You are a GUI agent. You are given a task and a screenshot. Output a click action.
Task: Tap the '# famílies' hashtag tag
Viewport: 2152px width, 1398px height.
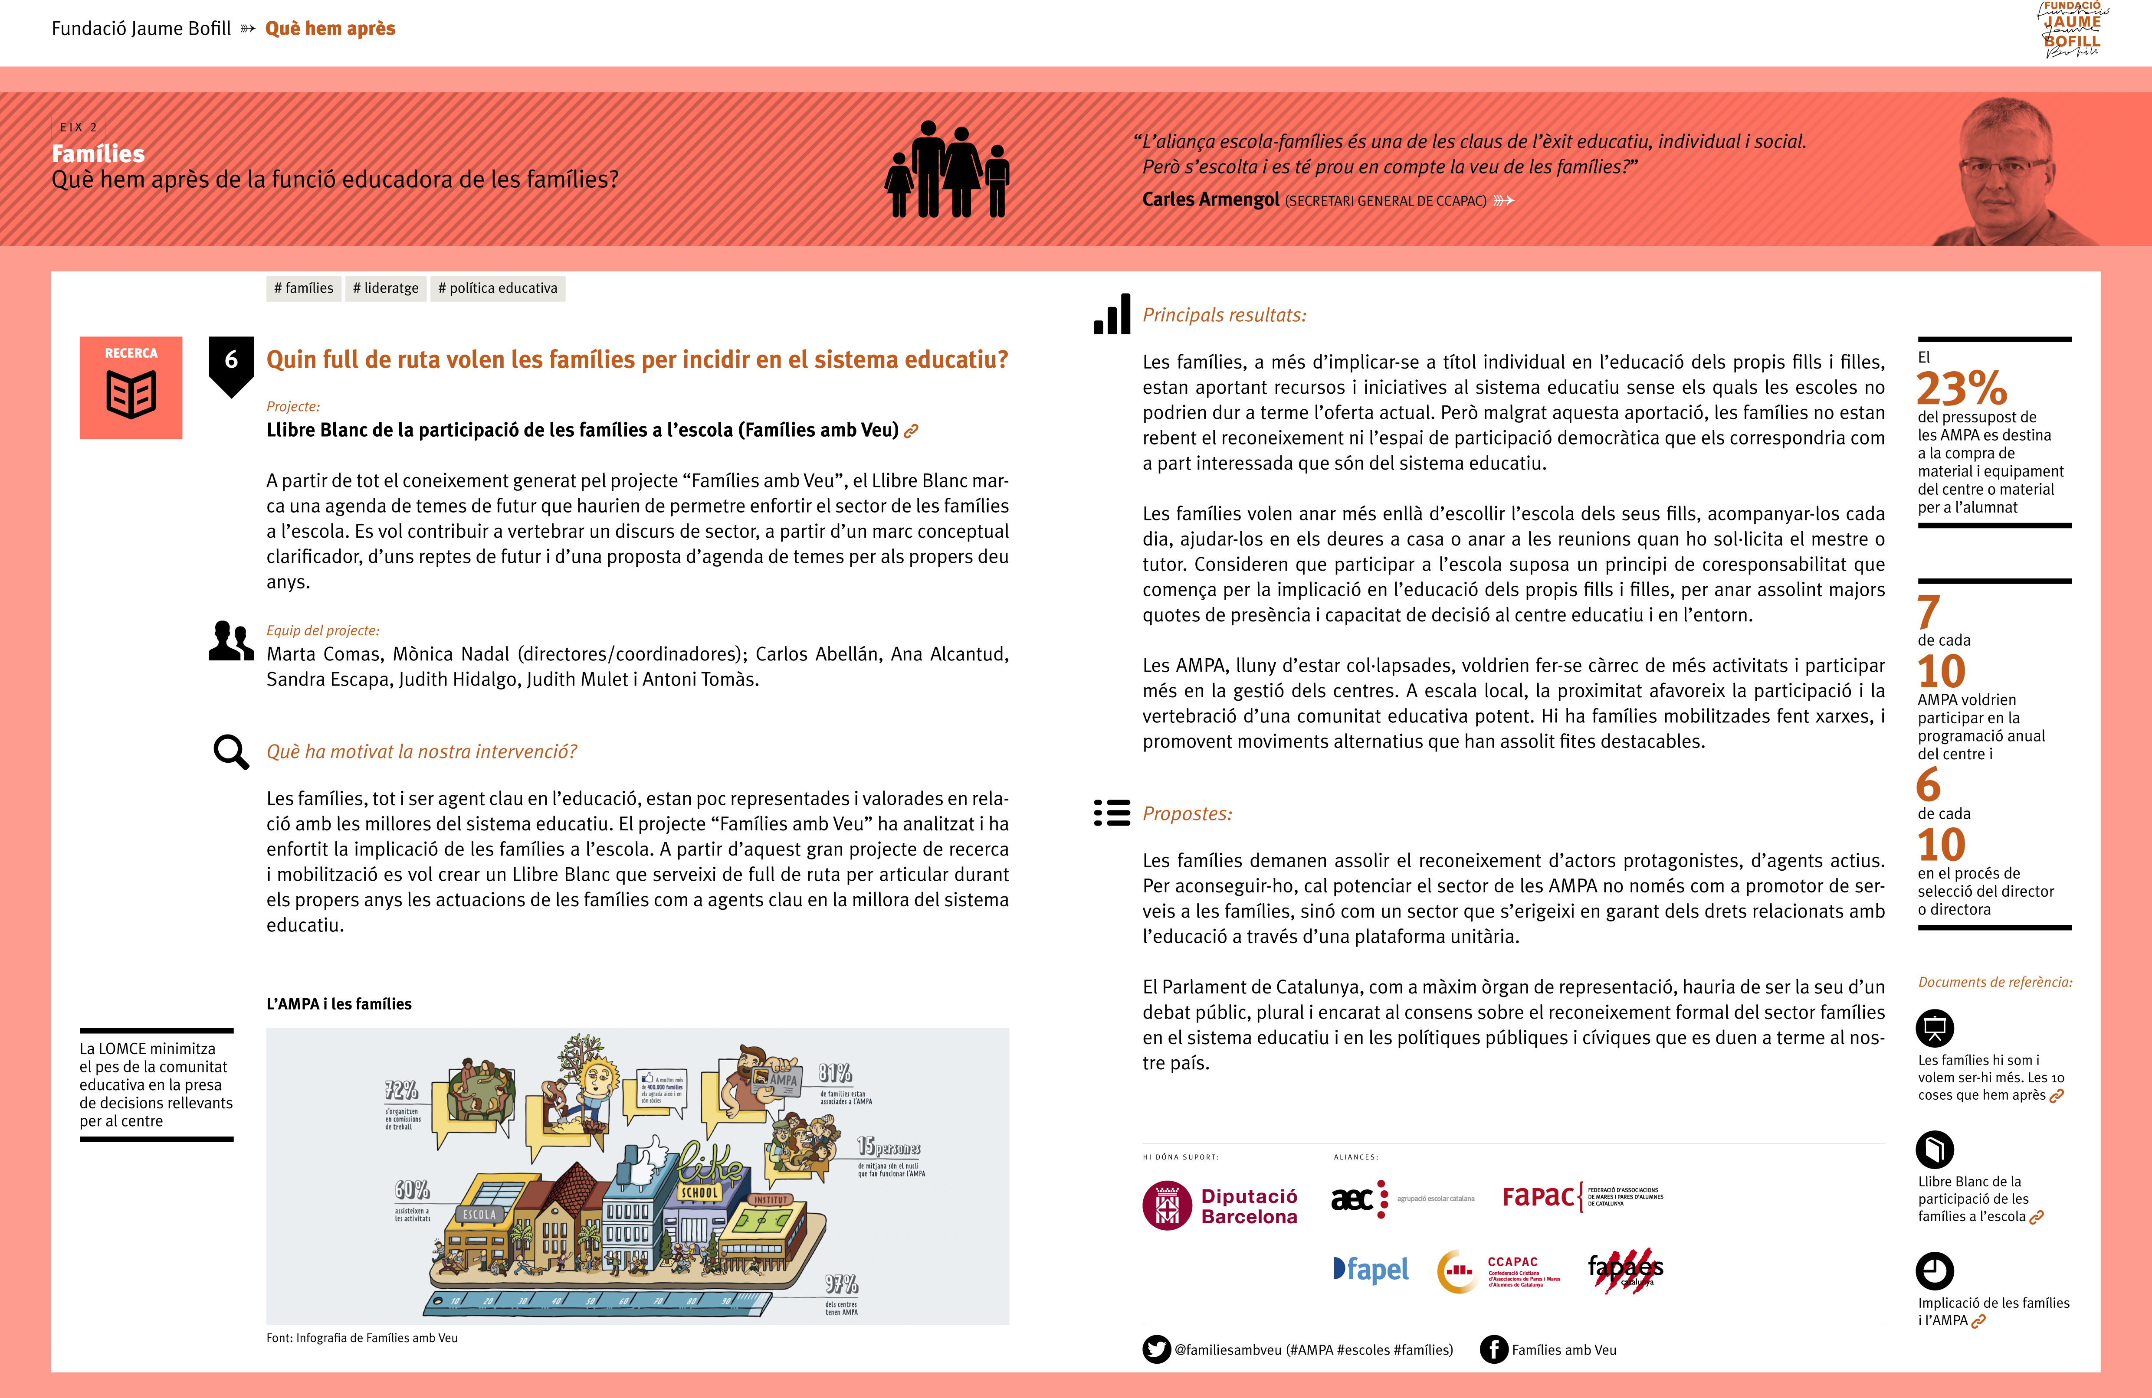click(304, 288)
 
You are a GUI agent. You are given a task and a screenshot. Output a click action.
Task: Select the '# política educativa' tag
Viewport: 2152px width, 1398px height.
click(497, 288)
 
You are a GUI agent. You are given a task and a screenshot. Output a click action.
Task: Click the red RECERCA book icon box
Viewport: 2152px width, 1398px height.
click(131, 388)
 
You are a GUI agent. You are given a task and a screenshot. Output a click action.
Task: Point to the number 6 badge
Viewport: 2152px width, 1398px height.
click(232, 362)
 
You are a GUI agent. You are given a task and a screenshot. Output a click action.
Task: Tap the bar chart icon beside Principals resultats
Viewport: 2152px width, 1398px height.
click(1112, 314)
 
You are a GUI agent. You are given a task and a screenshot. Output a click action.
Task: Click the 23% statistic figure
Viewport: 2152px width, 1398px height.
click(1961, 389)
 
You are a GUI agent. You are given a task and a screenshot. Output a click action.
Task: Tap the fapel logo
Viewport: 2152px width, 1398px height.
click(1371, 1270)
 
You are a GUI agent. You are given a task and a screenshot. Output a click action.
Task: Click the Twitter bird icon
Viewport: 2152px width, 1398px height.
click(1156, 1349)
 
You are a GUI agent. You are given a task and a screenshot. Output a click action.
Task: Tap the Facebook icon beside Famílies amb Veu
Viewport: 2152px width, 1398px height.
click(1494, 1349)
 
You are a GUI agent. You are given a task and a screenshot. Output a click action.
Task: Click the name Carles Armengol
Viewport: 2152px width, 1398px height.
click(1210, 200)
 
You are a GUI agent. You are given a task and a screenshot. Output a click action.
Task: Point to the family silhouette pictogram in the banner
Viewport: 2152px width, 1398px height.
click(947, 170)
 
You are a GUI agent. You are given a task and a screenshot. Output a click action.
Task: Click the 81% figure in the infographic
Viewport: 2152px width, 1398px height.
click(835, 1074)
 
